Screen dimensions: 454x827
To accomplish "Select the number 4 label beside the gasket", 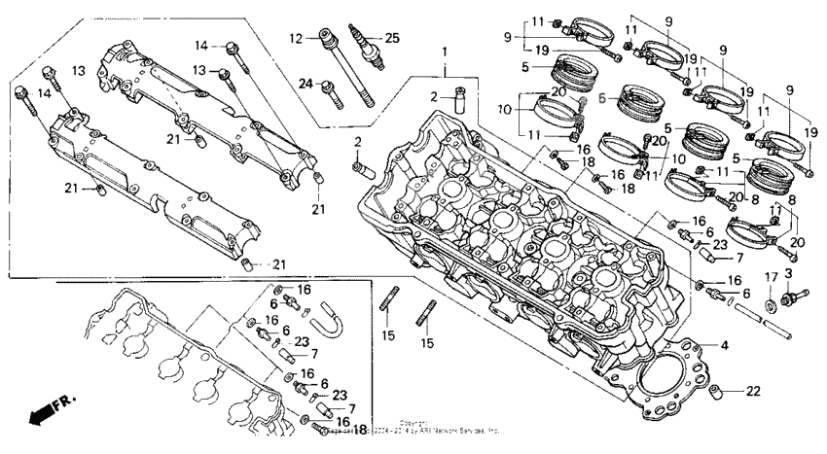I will pos(723,345).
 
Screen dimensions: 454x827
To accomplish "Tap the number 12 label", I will pos(296,38).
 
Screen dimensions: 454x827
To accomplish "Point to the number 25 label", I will pos(392,38).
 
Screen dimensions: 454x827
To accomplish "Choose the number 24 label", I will pos(305,84).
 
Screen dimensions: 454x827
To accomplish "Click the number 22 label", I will pos(753,392).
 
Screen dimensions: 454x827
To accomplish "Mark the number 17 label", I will pos(771,277).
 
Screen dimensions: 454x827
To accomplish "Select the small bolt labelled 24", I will pos(332,90).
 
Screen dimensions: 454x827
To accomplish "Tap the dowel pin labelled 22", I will pos(716,394).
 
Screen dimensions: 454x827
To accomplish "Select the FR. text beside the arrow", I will pos(65,400).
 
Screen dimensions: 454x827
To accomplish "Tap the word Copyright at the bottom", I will pos(414,423).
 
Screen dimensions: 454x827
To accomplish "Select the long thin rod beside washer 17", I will pos(763,322).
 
